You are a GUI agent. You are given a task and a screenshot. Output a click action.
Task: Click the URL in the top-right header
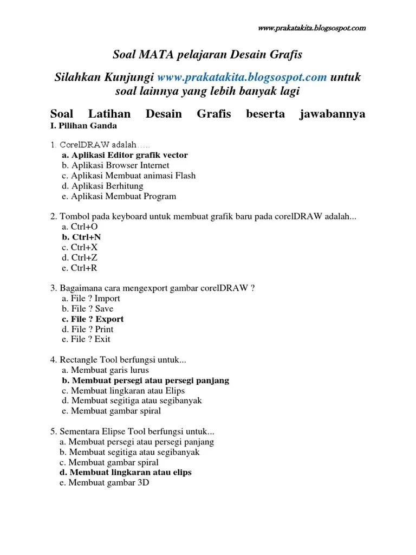(x=311, y=28)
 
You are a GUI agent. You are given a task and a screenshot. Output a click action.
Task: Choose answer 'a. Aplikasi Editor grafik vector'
(x=125, y=155)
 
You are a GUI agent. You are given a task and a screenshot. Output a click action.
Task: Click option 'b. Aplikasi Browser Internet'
(x=115, y=165)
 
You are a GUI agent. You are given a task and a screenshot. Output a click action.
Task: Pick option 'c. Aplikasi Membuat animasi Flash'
(x=128, y=176)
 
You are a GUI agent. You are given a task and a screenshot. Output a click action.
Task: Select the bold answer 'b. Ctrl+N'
(x=81, y=237)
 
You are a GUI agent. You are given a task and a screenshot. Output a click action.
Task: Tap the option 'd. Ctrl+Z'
(x=80, y=258)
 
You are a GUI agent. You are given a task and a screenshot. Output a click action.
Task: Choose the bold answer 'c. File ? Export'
(x=93, y=319)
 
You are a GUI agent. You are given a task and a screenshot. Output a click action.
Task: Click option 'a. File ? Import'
(x=91, y=299)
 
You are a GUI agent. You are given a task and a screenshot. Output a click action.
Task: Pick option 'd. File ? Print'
(x=87, y=330)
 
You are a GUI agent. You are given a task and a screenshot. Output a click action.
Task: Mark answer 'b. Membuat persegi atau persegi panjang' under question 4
(x=145, y=380)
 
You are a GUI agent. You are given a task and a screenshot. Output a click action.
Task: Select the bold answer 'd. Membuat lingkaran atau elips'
(x=124, y=473)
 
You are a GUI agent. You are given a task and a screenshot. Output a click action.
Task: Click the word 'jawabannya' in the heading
(x=332, y=114)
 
